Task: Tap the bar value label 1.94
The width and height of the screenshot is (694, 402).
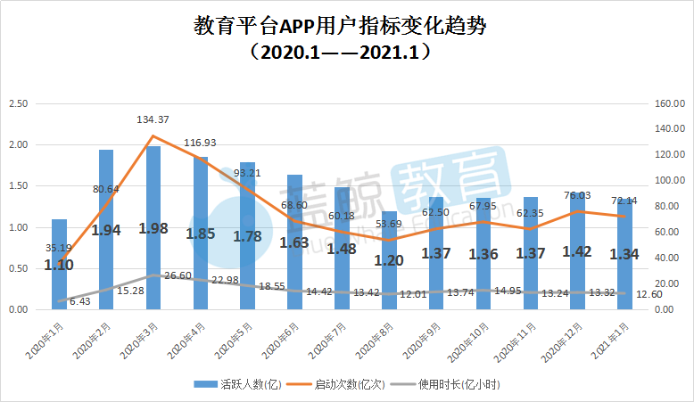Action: pyautogui.click(x=106, y=231)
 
